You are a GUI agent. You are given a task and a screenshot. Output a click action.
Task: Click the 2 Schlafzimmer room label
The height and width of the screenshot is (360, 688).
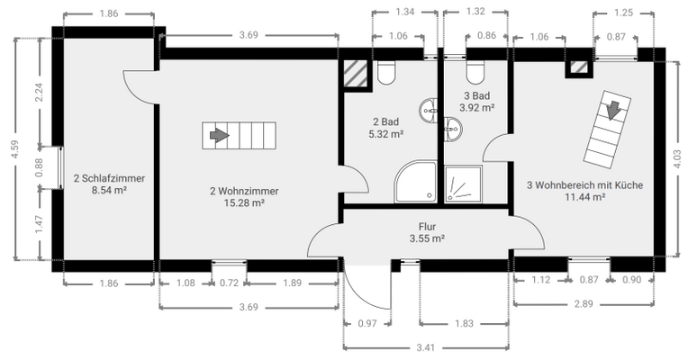[x=109, y=178]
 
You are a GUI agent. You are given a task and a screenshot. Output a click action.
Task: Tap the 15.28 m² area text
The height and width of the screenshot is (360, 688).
[x=244, y=203]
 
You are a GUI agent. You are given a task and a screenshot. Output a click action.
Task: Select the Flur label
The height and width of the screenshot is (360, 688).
[x=427, y=227]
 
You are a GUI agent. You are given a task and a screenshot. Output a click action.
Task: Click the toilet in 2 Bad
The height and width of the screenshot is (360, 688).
[x=386, y=72]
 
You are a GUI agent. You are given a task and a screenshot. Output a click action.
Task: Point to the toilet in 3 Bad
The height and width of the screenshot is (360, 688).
[x=475, y=72]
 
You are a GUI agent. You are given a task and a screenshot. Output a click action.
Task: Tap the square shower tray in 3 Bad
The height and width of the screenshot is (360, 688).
[x=464, y=184]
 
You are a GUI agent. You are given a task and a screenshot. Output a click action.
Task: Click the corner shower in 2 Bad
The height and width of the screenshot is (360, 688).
[x=415, y=182]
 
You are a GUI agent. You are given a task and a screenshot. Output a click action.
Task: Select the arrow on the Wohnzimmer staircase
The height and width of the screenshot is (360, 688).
[x=220, y=136]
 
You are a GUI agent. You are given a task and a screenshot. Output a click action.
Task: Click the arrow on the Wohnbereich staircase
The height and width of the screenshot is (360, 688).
[x=613, y=110]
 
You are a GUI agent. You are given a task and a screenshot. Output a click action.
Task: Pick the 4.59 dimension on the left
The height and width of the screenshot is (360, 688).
[x=15, y=149]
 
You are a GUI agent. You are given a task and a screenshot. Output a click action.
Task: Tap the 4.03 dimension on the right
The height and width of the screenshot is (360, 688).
[x=676, y=159]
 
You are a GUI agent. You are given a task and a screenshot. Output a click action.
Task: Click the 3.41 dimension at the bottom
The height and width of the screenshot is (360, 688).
[x=426, y=347]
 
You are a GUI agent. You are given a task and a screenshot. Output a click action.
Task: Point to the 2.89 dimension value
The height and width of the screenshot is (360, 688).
[x=584, y=304]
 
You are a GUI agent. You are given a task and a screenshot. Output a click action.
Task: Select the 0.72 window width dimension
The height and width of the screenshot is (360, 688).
[x=229, y=283]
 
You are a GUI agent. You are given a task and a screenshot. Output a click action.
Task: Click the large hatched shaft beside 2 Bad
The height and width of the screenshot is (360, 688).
[x=355, y=74]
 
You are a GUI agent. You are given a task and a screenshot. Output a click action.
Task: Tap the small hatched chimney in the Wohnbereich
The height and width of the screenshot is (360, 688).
[x=579, y=67]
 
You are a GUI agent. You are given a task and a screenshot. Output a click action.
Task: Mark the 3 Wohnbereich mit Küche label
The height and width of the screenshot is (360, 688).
[x=584, y=185]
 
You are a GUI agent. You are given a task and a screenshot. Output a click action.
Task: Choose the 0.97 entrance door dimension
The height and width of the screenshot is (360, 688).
[x=367, y=324]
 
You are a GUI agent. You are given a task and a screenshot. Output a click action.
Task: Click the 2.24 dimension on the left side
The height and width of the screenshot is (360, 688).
[x=39, y=92]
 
